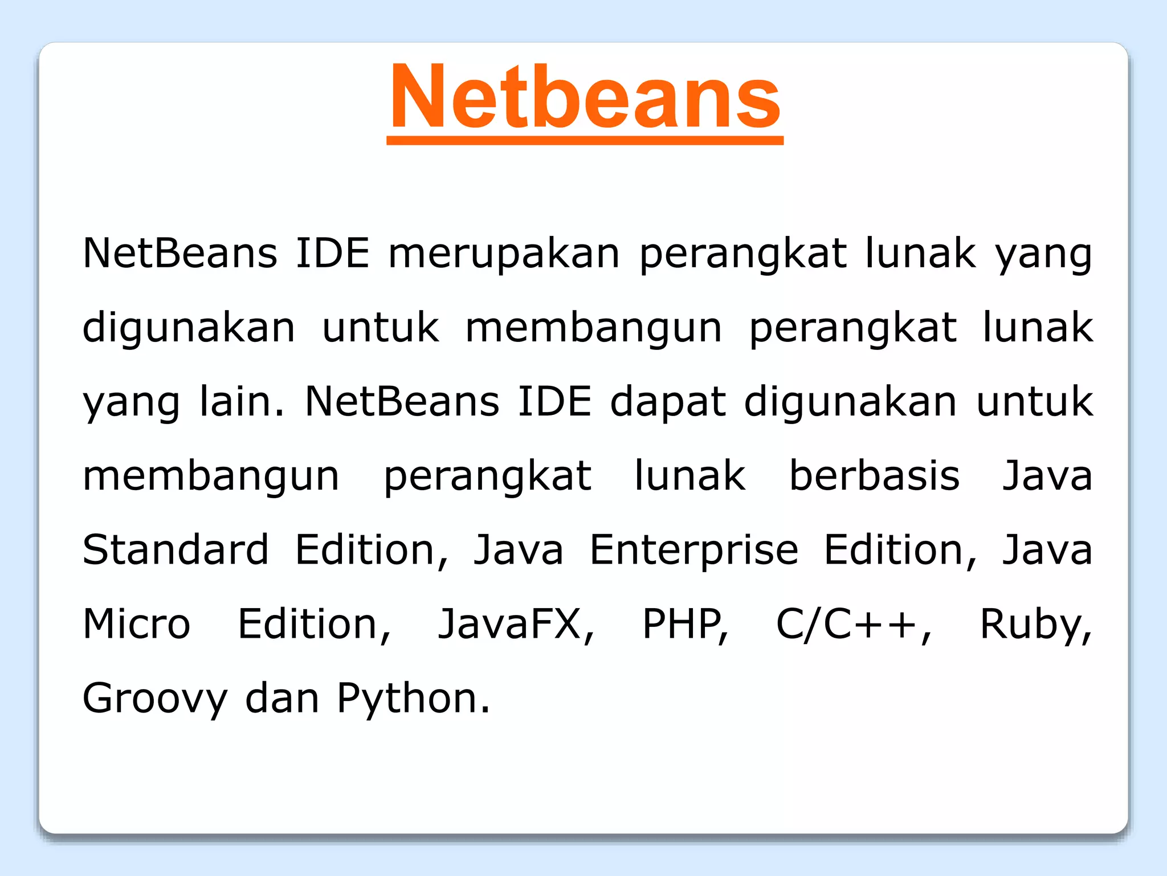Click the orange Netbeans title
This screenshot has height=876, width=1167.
click(x=585, y=97)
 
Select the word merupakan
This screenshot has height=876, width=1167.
click(x=504, y=253)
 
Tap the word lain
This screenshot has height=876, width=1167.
click(x=242, y=401)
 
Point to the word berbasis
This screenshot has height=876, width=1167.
click(x=874, y=475)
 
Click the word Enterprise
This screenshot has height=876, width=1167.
click(x=694, y=551)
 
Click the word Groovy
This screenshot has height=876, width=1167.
click(x=155, y=699)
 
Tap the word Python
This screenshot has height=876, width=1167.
click(x=413, y=699)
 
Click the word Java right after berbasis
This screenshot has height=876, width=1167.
click(x=1047, y=475)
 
